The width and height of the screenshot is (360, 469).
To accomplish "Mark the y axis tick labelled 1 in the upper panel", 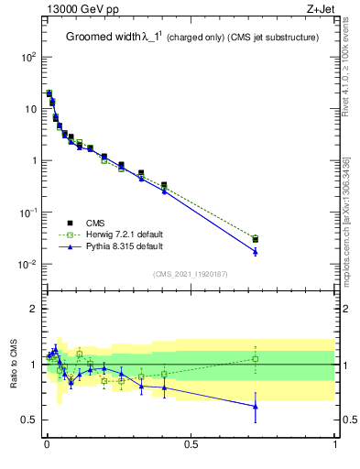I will [x=35, y=160].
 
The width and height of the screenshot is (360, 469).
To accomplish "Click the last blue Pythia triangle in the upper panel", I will [x=256, y=252].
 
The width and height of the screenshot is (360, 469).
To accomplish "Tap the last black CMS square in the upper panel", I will [x=256, y=239].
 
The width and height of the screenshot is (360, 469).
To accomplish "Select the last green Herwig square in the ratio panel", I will [x=256, y=359].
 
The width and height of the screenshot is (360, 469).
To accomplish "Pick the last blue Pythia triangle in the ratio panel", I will [x=256, y=406].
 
